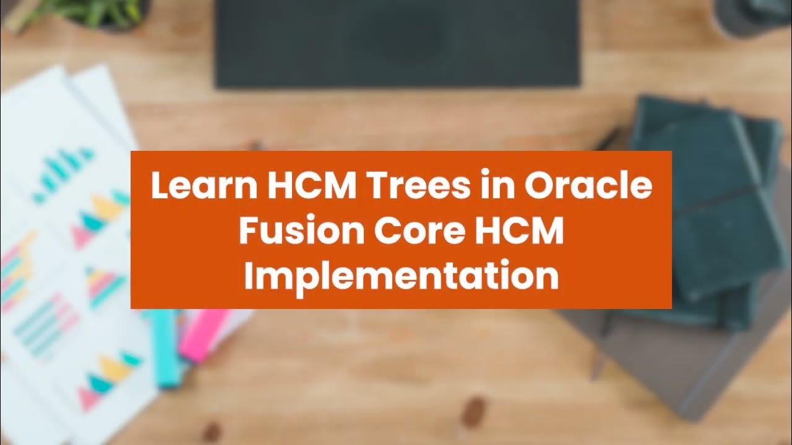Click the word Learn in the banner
click(192, 187)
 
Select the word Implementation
click(401, 276)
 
